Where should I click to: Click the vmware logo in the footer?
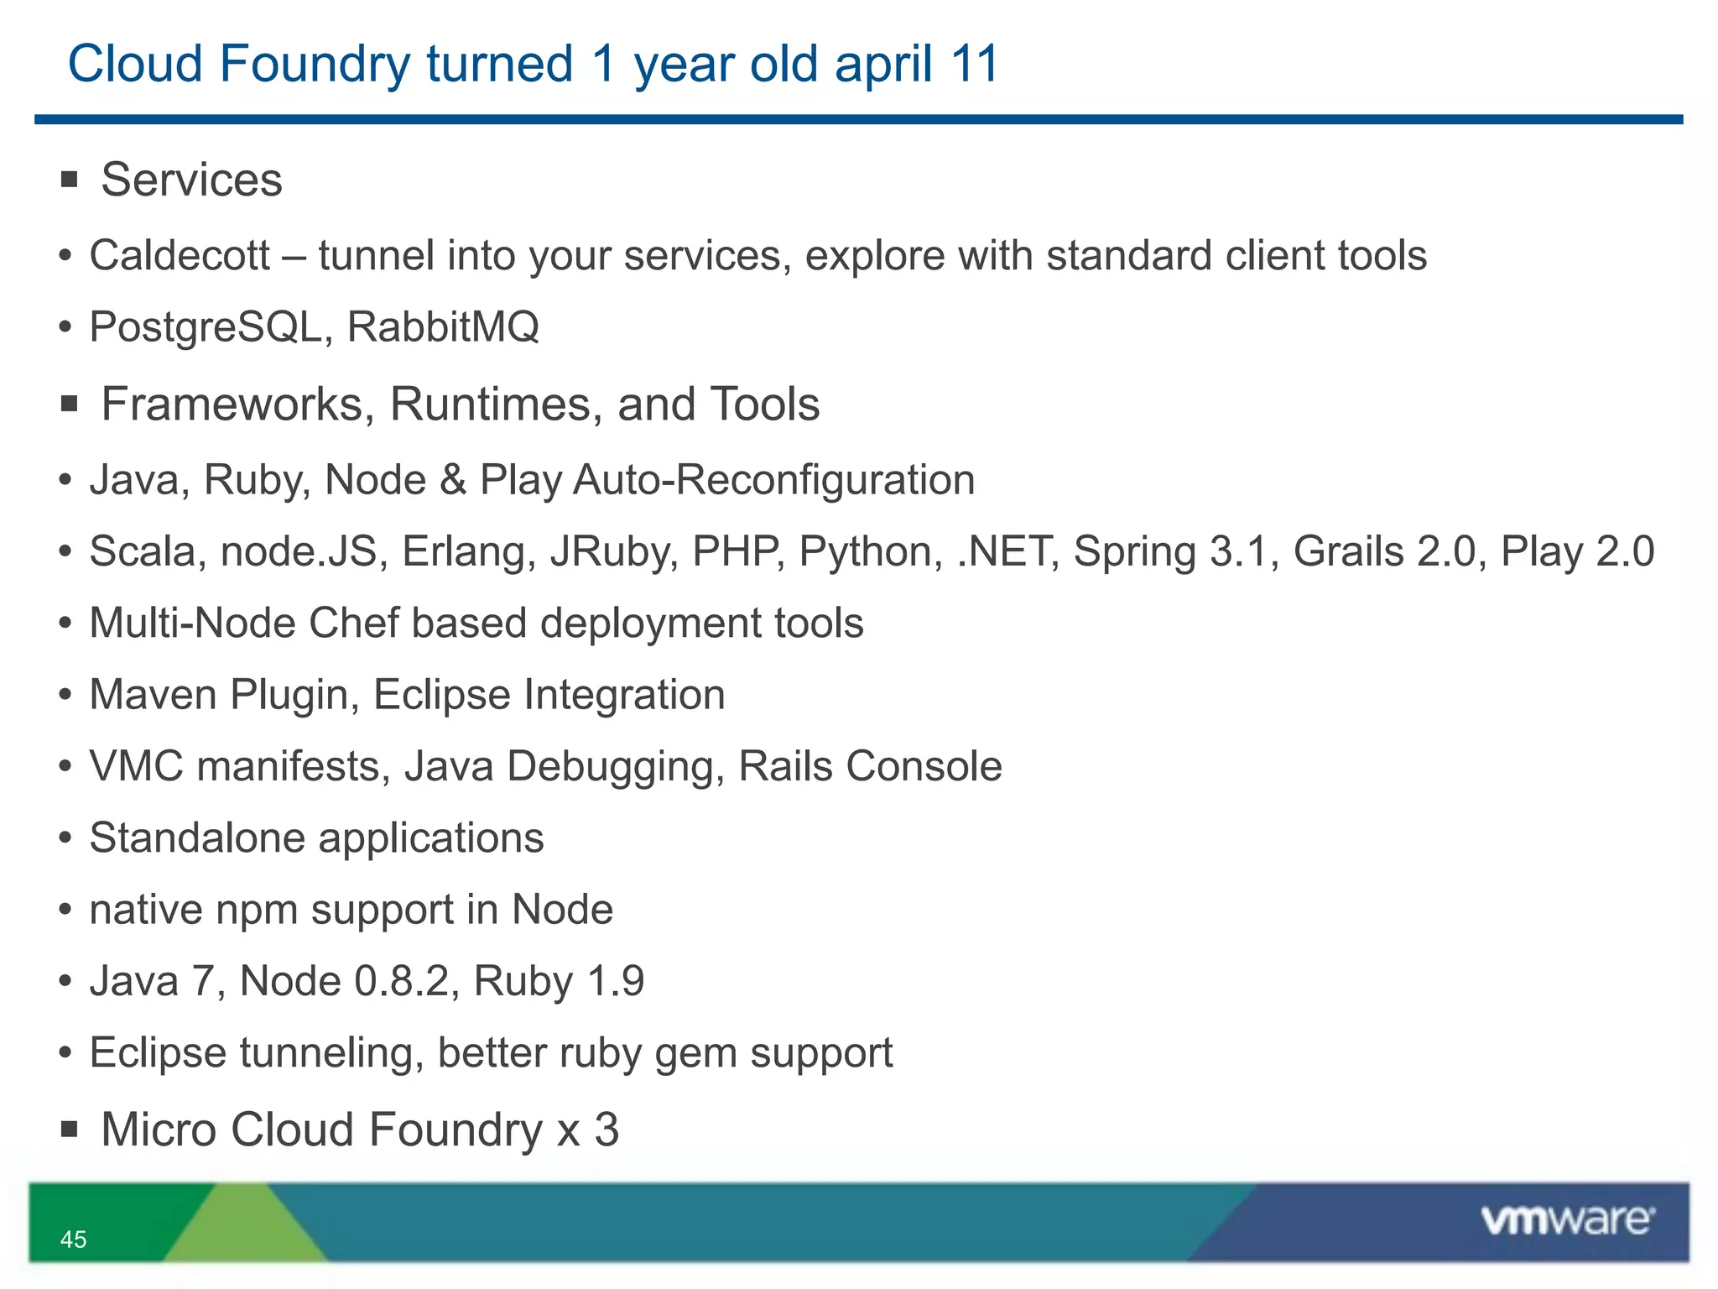point(1567,1220)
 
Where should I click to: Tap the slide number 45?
point(73,1239)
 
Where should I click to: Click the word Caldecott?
point(180,255)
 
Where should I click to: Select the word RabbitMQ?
point(443,326)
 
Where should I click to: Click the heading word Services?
point(191,180)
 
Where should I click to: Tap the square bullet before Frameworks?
point(70,404)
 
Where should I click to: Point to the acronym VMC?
point(136,766)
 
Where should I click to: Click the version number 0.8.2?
point(402,981)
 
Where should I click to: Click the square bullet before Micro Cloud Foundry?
point(70,1130)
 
